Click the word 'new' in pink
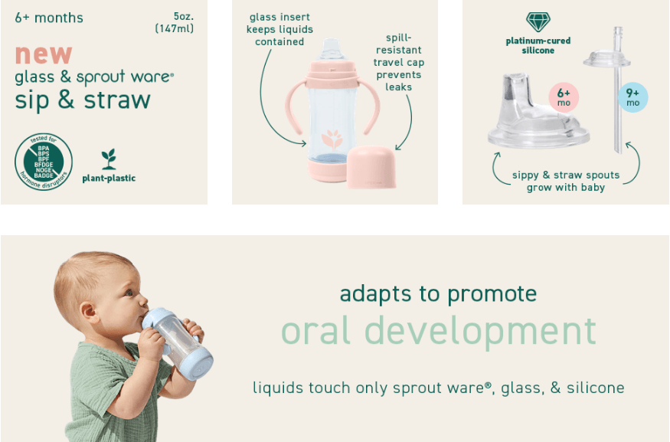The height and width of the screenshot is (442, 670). [43, 54]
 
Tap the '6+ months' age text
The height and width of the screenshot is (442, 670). [49, 18]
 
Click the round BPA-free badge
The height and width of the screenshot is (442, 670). [44, 162]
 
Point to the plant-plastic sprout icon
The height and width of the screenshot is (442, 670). [109, 159]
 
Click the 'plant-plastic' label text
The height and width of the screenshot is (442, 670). [109, 178]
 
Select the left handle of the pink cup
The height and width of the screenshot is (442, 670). [296, 107]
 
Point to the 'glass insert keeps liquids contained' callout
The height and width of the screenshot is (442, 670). [279, 29]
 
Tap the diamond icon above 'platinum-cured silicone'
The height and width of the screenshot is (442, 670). [538, 21]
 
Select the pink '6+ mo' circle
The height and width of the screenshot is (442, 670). [564, 97]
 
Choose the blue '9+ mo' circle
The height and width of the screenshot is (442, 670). [632, 97]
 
